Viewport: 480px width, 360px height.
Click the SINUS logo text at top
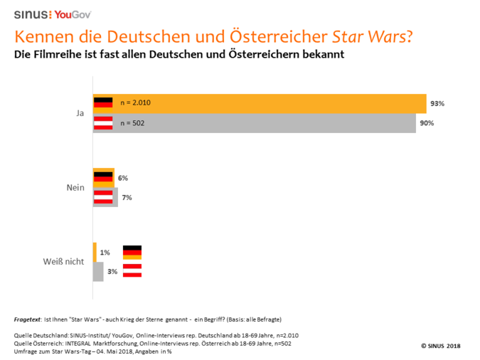tap(32, 14)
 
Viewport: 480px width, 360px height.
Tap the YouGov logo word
tap(73, 14)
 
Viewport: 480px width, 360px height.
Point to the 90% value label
tap(427, 123)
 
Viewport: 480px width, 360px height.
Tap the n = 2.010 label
tap(135, 103)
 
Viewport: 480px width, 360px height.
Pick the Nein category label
tap(75, 188)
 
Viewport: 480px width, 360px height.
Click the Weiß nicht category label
tap(63, 261)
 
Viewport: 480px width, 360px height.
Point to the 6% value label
tap(123, 178)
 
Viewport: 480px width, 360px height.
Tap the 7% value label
tap(127, 197)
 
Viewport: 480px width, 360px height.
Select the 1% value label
tap(105, 252)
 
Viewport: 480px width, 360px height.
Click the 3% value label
tap(112, 271)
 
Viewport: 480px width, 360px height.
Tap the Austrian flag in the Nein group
tap(104, 196)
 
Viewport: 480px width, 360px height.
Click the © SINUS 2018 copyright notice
tap(441, 346)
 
